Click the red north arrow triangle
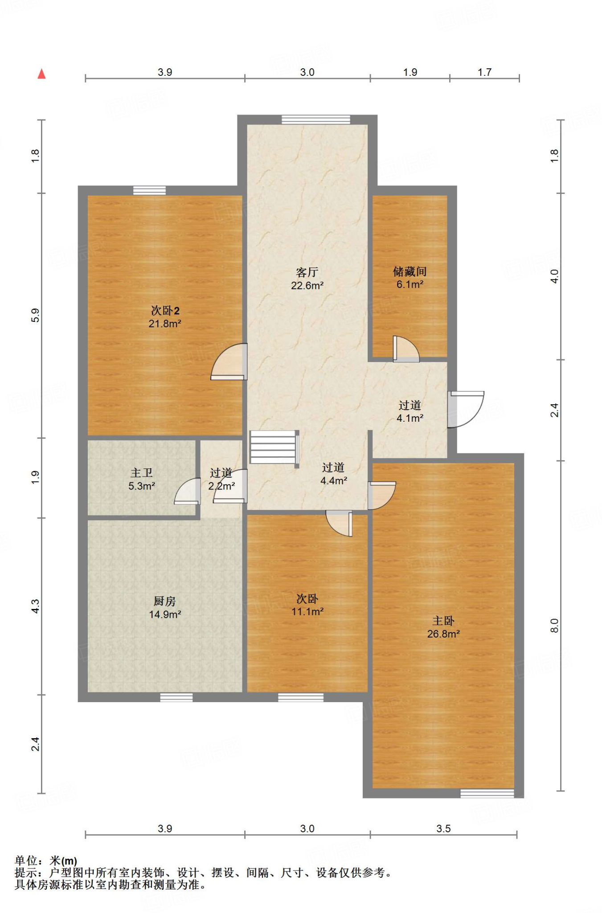click(41, 74)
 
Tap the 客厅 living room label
click(307, 272)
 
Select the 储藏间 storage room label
click(410, 271)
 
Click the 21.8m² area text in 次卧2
click(165, 324)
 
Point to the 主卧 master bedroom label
click(443, 621)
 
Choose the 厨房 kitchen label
click(165, 601)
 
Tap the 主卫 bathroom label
click(142, 473)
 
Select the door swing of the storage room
click(406, 349)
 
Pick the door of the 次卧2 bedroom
click(229, 362)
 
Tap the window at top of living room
click(316, 119)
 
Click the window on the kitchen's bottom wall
click(176, 697)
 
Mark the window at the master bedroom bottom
click(487, 794)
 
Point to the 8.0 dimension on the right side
click(554, 625)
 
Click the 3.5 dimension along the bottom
click(443, 828)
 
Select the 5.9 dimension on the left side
click(35, 315)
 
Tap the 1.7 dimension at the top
click(484, 72)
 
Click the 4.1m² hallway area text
click(410, 418)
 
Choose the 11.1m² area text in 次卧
click(307, 612)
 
